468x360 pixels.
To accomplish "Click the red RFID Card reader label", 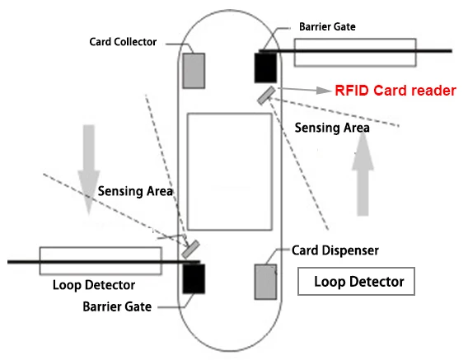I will [395, 91].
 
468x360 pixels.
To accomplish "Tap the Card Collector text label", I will [124, 42].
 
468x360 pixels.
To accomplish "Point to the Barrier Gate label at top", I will [326, 26].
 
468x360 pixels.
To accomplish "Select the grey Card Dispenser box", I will [264, 282].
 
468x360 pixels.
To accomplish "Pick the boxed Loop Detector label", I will [358, 282].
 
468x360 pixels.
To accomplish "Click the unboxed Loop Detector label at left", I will [93, 286].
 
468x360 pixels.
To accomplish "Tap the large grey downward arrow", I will [87, 166].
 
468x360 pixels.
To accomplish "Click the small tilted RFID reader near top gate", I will [265, 96].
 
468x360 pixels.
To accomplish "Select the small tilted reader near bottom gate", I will [192, 246].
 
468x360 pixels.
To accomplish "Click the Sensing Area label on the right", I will [332, 129].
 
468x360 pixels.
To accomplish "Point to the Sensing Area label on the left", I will [135, 192].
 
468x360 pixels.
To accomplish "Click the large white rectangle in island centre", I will [229, 172].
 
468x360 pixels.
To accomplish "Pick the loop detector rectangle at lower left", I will [101, 259].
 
